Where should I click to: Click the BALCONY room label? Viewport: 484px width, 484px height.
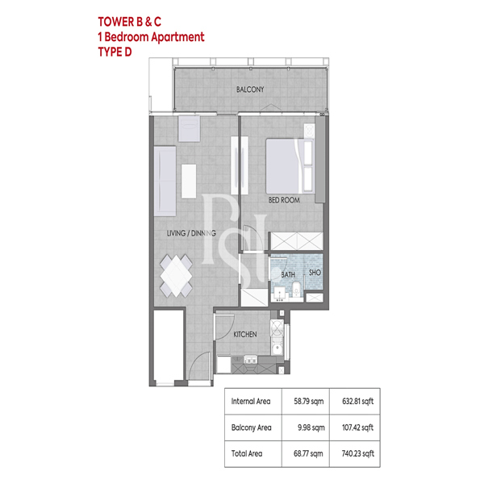(250, 90)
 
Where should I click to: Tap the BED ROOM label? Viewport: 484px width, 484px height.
(284, 200)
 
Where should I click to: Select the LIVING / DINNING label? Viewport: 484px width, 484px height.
(191, 233)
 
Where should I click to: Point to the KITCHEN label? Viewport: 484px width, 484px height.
(245, 334)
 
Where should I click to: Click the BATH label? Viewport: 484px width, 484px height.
(288, 274)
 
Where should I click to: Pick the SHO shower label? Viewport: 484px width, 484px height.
(315, 273)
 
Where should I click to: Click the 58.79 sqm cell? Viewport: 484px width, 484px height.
(309, 401)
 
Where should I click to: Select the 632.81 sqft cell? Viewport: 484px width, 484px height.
(357, 401)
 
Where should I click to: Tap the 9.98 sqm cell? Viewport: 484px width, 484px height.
(311, 428)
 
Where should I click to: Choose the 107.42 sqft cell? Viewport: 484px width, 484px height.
(357, 428)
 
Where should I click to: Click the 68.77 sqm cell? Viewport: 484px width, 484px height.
(308, 453)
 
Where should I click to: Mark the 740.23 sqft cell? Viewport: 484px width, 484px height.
(357, 453)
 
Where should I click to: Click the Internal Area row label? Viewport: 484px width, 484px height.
(251, 401)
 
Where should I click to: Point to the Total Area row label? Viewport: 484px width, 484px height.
(247, 453)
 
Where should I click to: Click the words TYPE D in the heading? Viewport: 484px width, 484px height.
(115, 52)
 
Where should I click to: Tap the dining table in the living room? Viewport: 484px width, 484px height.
(176, 276)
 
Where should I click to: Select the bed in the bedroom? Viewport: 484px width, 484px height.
(290, 166)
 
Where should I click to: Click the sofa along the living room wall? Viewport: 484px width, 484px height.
(165, 181)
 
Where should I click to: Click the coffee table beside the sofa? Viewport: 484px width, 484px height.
(189, 181)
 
